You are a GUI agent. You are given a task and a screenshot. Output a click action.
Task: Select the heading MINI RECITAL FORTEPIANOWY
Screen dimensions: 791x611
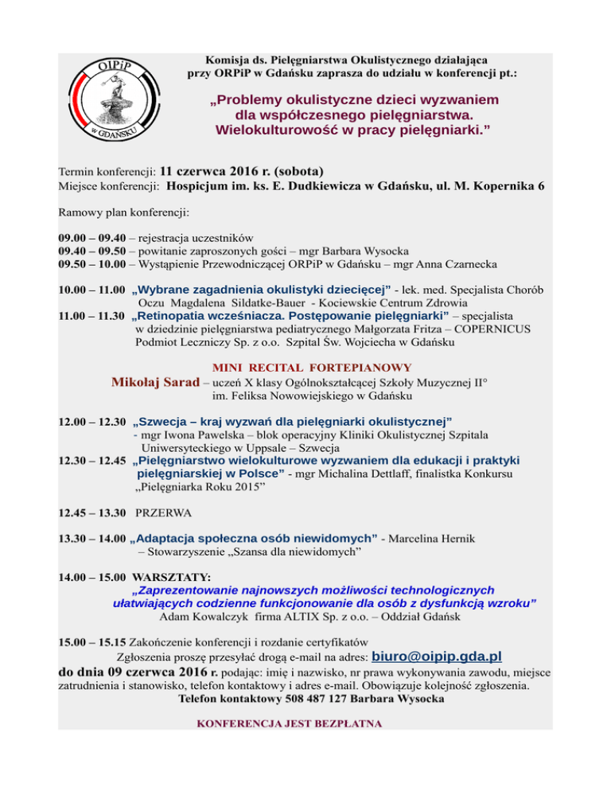click(312, 368)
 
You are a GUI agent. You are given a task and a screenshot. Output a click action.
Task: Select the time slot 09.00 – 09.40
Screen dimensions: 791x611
click(91, 237)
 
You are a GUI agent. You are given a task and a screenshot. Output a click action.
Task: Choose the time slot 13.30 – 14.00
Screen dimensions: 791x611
click(91, 540)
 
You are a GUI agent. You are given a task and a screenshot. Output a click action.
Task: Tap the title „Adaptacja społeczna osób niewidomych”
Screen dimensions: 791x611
click(253, 540)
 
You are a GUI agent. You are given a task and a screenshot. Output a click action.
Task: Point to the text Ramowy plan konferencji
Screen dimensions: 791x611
click(124, 212)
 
